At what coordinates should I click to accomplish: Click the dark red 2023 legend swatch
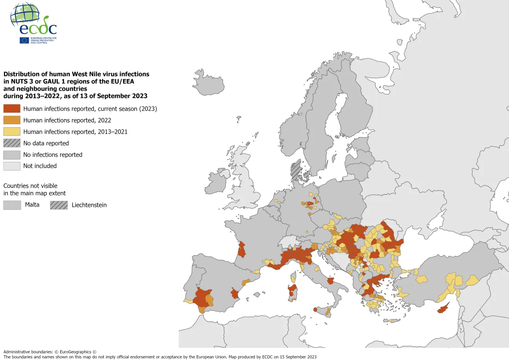[12, 109]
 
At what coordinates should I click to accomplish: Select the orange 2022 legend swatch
[12, 120]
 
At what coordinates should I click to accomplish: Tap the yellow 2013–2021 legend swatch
[12, 132]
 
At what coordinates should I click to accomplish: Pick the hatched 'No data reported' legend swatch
[12, 143]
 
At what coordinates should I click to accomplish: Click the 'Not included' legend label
[40, 166]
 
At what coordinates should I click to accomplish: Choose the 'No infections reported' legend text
[53, 154]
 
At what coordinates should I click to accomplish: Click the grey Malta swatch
[12, 205]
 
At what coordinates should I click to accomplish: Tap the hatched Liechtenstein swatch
[59, 205]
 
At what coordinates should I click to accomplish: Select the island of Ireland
[217, 182]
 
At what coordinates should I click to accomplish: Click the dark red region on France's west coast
[241, 250]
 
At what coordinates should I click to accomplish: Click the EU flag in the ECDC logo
[24, 40]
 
